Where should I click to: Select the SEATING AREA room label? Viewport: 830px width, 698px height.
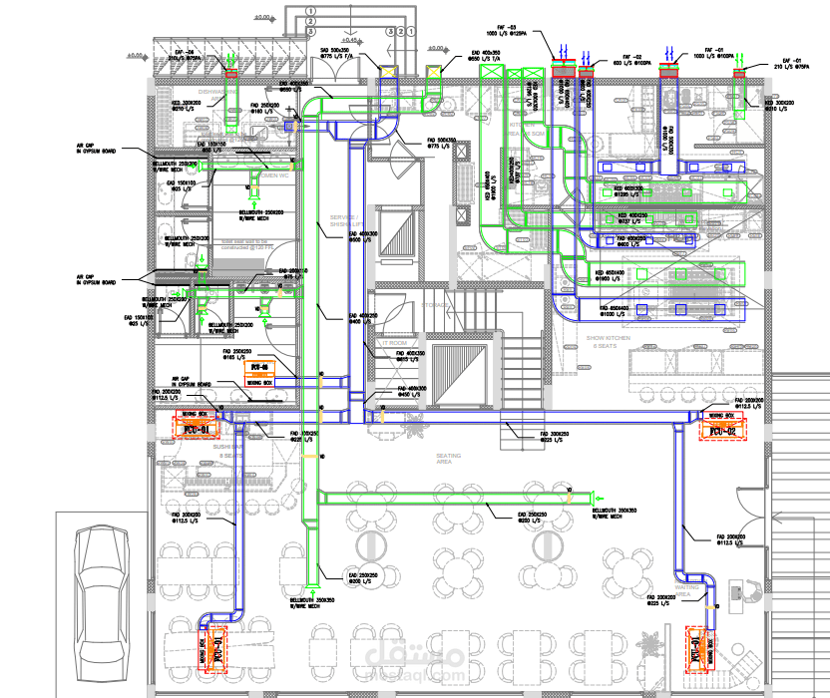(x=448, y=458)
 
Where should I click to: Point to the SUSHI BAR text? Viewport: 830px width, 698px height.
(x=227, y=450)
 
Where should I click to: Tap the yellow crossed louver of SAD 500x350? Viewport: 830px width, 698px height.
(x=389, y=70)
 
